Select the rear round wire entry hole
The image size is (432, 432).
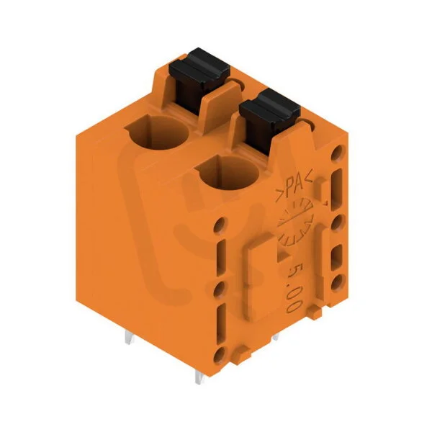[x=158, y=132]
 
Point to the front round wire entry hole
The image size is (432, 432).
[x=228, y=172]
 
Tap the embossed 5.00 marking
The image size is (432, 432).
[x=294, y=287]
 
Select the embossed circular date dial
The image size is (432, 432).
[x=295, y=222]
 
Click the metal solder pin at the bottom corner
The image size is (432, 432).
[x=199, y=377]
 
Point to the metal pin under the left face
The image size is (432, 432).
[x=130, y=338]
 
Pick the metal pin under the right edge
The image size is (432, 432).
[x=276, y=337]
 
